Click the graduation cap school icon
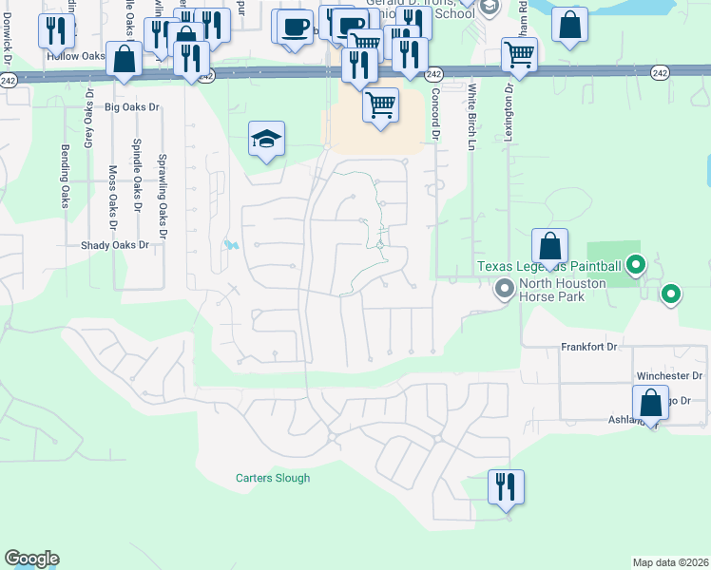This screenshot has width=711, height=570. click(x=267, y=141)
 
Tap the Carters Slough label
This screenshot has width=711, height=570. click(x=273, y=478)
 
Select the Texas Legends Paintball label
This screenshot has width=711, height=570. click(x=549, y=267)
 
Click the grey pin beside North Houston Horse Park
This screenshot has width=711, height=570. click(x=504, y=291)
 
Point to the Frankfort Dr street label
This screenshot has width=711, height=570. click(x=589, y=348)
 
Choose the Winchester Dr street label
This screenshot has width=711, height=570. click(x=663, y=376)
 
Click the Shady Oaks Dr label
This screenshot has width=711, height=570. click(x=115, y=245)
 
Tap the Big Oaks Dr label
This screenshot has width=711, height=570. click(x=132, y=107)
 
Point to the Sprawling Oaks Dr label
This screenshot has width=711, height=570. click(x=163, y=196)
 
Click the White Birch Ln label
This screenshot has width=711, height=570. click(x=471, y=117)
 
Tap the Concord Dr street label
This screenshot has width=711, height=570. click(x=434, y=115)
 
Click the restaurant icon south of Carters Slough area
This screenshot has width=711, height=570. click(x=506, y=487)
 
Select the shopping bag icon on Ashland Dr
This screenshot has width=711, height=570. click(x=650, y=402)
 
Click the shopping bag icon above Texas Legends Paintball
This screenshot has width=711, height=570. click(x=550, y=246)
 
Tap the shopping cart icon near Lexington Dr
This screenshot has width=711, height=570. click(x=519, y=55)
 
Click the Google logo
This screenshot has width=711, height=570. click(x=31, y=559)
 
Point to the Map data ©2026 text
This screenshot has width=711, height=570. click(x=670, y=562)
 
